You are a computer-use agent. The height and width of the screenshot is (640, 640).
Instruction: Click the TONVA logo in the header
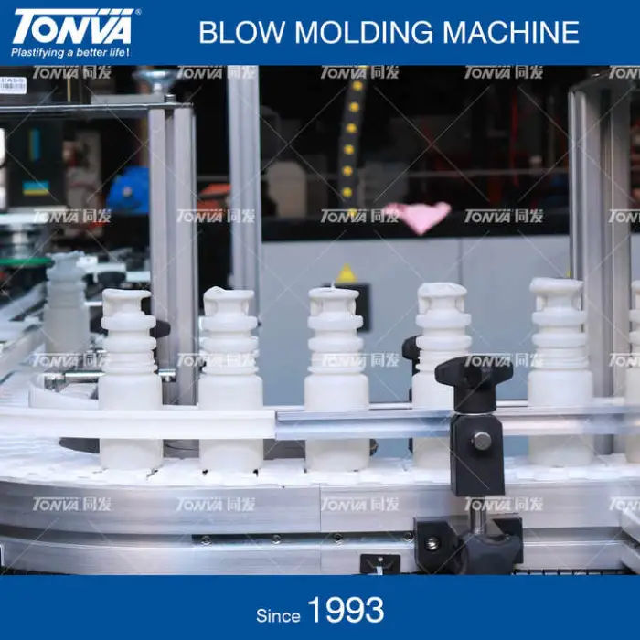pos(73,26)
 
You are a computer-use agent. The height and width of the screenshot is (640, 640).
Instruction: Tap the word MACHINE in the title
pos(510,32)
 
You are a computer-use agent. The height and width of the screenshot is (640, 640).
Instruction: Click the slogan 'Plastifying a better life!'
pos(70,52)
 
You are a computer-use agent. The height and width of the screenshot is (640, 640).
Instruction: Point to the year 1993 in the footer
pos(346,610)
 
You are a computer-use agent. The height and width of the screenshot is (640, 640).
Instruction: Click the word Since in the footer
pos(278,615)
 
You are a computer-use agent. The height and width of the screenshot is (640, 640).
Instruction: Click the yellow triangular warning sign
pos(347,273)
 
